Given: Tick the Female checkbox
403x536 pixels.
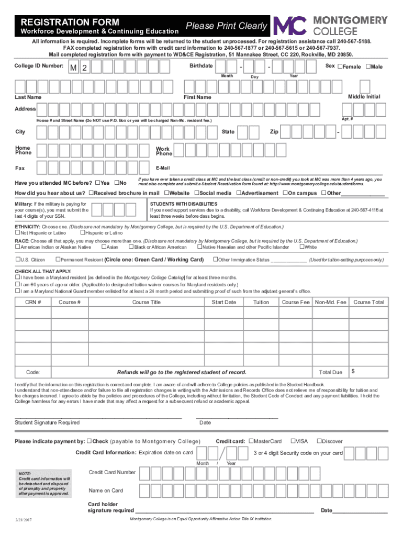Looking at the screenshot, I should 340,66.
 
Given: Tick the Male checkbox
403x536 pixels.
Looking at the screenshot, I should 368,66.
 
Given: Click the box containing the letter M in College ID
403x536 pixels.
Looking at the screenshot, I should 74,68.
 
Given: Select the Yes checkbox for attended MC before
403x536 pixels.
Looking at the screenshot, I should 97,183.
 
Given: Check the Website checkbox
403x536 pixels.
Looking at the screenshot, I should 166,193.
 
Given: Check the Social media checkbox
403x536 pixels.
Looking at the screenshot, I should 196,193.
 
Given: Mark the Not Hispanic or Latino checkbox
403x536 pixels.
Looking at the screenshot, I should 17,232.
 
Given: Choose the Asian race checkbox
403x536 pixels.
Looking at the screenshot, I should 103,247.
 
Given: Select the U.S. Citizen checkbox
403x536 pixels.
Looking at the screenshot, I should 17,260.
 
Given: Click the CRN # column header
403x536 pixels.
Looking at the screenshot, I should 33,302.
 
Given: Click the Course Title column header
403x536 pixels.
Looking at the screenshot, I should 147,302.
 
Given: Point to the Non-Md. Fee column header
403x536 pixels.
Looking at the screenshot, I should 330,302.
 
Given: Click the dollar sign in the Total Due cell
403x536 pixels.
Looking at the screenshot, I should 353,371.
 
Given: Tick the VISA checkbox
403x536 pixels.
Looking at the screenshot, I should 293,441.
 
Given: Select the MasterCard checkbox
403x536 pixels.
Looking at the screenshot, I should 251,441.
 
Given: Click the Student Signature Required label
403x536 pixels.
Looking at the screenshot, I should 47,422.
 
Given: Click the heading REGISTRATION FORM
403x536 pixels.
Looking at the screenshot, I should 70,23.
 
